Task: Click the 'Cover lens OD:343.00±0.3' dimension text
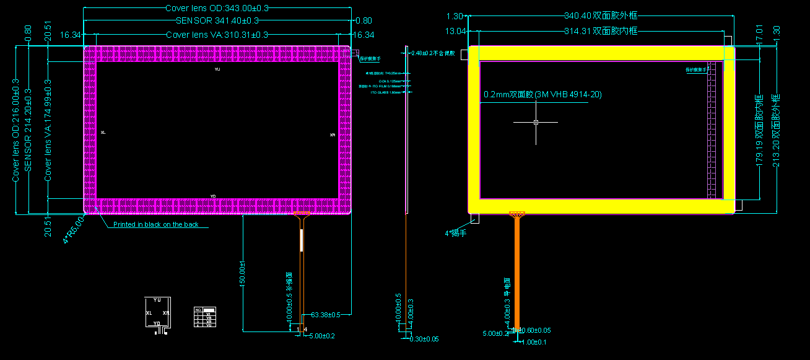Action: point(217,9)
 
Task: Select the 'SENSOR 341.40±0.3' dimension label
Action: point(217,22)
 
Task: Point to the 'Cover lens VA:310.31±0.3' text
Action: point(217,35)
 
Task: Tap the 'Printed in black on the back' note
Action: point(156,224)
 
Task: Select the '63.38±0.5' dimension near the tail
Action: point(326,315)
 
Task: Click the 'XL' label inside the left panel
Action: point(103,133)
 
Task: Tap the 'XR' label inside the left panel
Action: point(333,134)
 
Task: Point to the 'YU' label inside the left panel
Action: point(217,70)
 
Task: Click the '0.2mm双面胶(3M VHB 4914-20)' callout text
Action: point(542,95)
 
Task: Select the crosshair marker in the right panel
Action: point(536,123)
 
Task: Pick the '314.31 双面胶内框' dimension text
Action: point(601,31)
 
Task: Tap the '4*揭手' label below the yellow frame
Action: point(455,233)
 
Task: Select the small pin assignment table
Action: point(205,317)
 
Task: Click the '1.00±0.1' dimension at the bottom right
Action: point(534,342)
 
